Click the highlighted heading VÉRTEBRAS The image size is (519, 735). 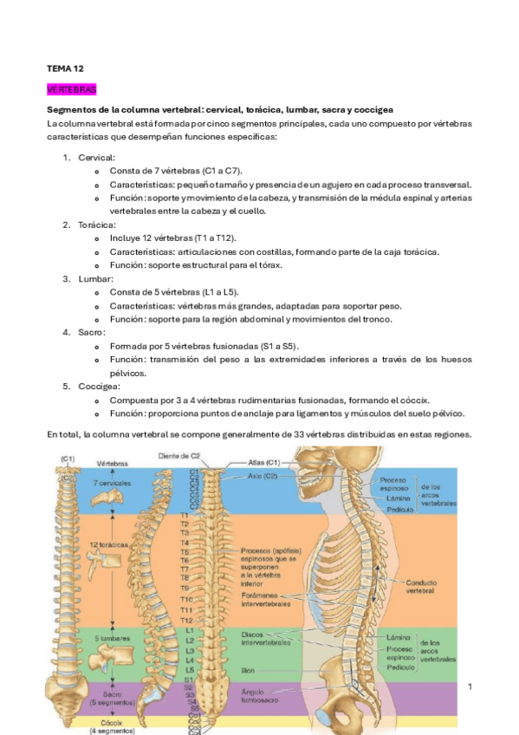[x=72, y=89]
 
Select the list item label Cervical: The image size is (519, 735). [x=96, y=158]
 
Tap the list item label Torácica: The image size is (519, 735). [x=97, y=224]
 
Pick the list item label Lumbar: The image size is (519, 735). [x=95, y=278]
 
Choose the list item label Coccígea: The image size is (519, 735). [x=99, y=386]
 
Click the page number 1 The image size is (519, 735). [x=469, y=687]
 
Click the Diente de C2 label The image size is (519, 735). [x=179, y=456]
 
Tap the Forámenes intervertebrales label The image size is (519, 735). [x=266, y=600]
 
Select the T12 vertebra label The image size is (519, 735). [x=185, y=621]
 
